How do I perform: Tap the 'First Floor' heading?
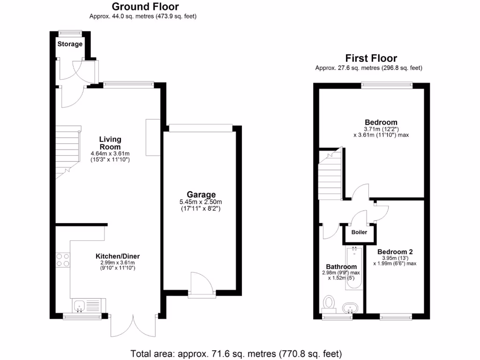(371, 58)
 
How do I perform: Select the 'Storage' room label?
(70, 44)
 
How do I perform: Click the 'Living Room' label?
(110, 143)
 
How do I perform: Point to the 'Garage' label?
(201, 195)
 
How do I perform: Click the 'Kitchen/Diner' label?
(118, 256)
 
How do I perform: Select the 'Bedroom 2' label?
(395, 251)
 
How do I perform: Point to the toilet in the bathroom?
(329, 303)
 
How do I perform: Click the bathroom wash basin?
(350, 308)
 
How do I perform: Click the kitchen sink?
(80, 306)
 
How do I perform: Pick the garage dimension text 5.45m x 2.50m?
(201, 202)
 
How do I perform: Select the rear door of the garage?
(202, 285)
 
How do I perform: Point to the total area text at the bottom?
(236, 353)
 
